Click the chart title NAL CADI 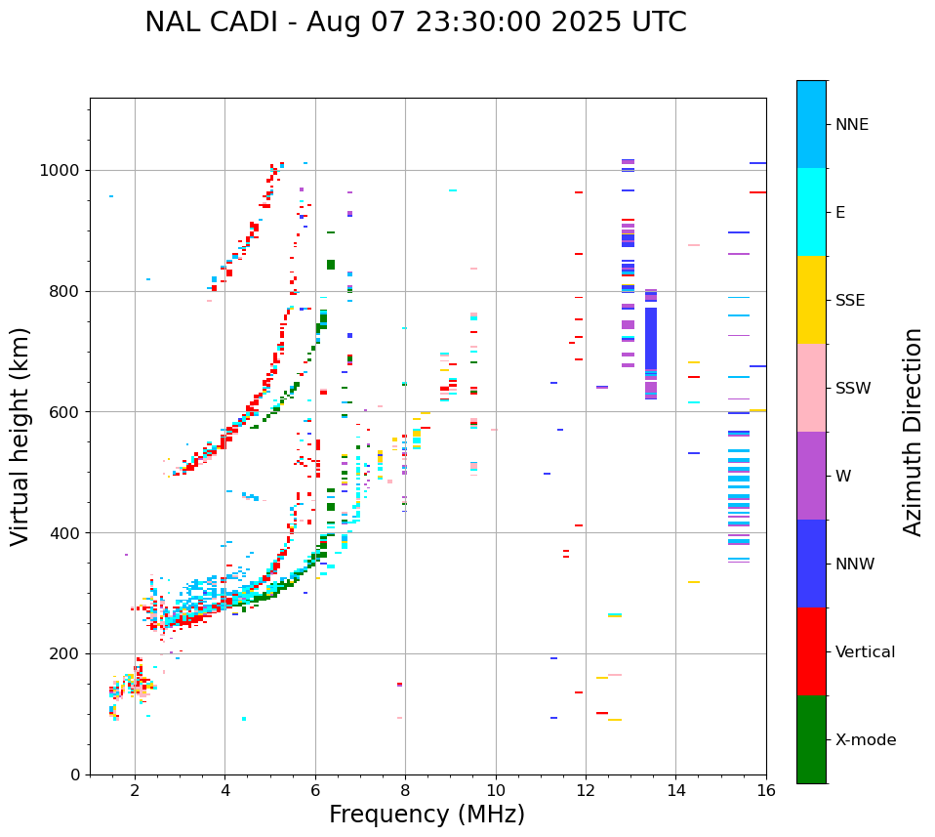415,22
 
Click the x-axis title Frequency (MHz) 427,815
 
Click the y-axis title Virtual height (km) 20,437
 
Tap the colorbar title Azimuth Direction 913,432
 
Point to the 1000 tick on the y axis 62,171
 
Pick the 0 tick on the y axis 75,774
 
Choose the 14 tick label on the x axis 675,791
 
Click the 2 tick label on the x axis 135,791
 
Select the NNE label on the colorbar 851,125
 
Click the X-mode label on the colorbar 865,740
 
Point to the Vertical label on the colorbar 865,652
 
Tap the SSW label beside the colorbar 853,389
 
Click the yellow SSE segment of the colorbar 811,300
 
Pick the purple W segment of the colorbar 811,476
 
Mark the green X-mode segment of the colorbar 811,739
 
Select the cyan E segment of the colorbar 811,212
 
